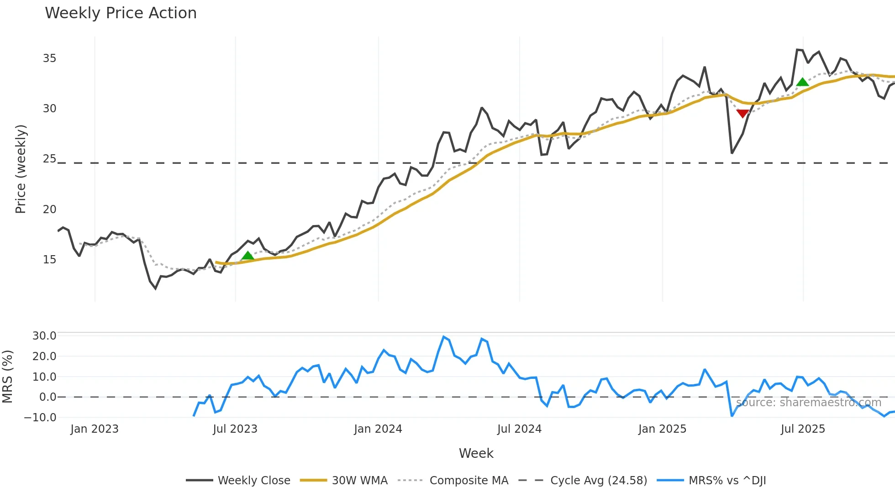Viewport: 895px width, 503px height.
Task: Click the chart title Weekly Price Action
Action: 121,13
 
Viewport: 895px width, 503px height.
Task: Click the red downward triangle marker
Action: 742,113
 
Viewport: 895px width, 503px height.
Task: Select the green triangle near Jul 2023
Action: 247,256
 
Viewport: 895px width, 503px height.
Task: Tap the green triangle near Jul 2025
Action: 802,82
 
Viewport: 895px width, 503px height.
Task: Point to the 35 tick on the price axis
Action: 49,58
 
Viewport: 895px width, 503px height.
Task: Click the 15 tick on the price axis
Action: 49,260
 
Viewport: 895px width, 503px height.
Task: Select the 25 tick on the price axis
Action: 49,159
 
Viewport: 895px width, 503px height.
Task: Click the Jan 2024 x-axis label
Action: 378,429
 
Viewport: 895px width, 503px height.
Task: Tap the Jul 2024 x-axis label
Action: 519,429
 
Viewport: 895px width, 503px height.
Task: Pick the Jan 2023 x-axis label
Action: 95,429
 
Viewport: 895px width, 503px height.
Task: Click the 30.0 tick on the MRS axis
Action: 44,336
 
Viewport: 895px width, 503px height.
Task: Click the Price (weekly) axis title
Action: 21,169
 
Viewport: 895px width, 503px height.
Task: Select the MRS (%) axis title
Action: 8,377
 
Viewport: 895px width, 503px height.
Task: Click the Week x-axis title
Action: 476,453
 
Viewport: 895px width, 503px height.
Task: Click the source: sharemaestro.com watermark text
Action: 808,403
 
